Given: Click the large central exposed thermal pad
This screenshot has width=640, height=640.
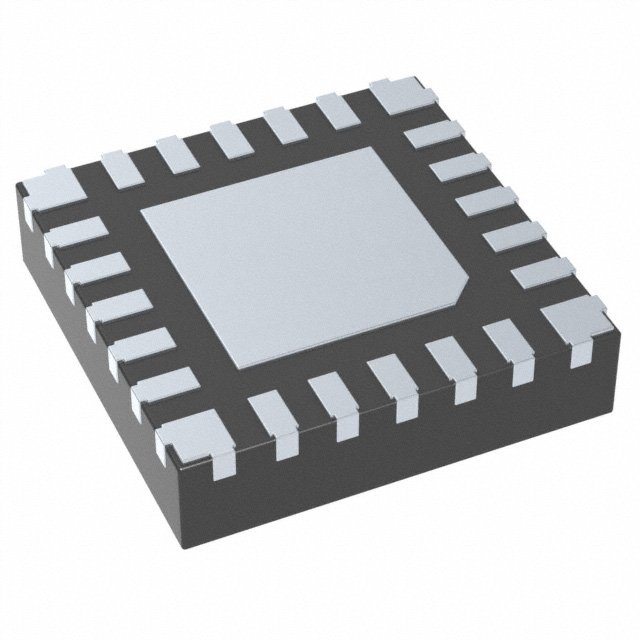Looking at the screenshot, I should [x=305, y=250].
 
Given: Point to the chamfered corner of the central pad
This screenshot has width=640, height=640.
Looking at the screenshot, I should [x=462, y=291].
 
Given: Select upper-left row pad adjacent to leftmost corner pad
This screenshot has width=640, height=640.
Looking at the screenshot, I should [x=120, y=162].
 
